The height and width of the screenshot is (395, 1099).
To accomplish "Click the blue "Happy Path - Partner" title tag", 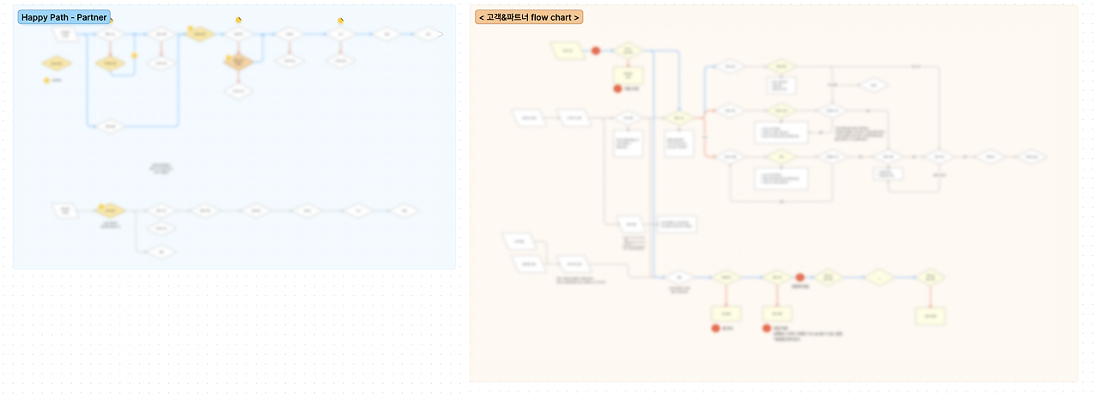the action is (x=64, y=17).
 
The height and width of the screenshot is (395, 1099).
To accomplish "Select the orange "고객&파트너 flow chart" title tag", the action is (x=529, y=17).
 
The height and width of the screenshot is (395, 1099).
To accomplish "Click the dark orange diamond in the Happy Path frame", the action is (x=240, y=63).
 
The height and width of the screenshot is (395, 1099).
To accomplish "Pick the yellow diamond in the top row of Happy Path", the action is (x=199, y=34).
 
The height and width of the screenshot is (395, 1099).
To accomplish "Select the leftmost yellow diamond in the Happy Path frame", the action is (x=57, y=63).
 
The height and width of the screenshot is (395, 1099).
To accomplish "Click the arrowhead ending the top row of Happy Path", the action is (x=440, y=34).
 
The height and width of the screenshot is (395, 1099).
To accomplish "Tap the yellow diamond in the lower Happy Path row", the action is (x=112, y=210).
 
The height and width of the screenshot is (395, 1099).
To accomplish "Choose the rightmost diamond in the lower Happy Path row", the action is (x=404, y=210).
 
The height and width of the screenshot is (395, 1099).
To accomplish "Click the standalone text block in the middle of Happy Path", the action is (x=161, y=168).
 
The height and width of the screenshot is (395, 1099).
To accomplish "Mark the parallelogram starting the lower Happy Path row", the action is (x=65, y=210).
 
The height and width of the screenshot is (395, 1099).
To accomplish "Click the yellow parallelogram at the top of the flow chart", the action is (x=566, y=51).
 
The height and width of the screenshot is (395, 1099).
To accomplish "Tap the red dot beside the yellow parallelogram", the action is (x=596, y=51).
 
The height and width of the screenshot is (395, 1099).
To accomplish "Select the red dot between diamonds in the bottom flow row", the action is (x=799, y=277).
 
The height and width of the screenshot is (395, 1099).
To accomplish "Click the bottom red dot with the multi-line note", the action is (x=767, y=328).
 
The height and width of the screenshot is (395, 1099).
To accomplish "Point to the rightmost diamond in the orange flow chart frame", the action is (x=1035, y=157).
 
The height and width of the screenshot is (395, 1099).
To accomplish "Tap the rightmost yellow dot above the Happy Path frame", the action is (x=341, y=21).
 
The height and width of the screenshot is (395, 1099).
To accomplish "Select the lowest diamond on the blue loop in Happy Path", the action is (x=109, y=127).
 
